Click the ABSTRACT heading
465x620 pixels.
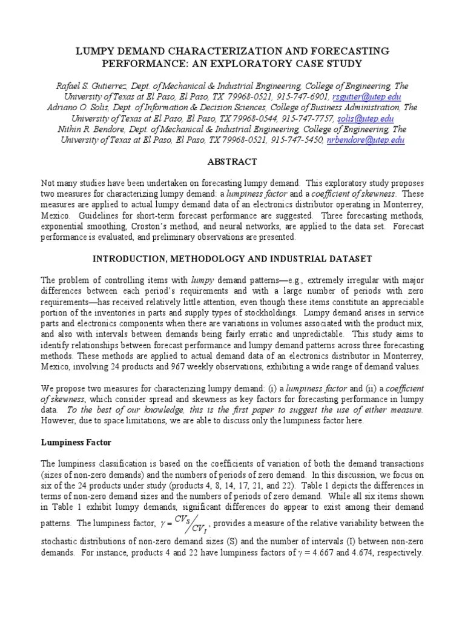point(232,162)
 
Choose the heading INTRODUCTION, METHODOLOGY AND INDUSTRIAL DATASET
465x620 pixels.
point(232,259)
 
